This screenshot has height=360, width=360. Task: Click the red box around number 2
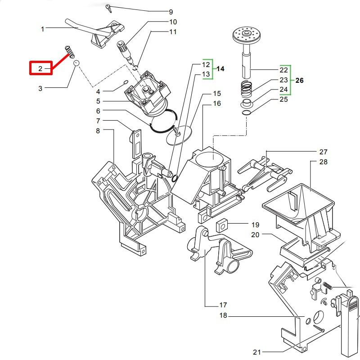point(41,68)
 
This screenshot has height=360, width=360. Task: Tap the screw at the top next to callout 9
point(108,9)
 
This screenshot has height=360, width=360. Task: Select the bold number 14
point(220,69)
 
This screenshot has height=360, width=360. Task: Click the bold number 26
point(299,81)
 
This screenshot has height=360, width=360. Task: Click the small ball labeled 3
point(76,63)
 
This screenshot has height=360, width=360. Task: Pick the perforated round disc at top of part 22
point(246,35)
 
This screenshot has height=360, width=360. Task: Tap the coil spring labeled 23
point(246,90)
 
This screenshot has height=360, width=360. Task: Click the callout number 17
point(223,305)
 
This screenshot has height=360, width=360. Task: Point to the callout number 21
point(257,352)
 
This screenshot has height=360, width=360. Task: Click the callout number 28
point(323,162)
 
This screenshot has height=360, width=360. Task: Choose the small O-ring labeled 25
point(246,113)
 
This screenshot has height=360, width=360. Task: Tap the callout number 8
point(98,130)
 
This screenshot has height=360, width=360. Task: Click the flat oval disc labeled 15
point(179,135)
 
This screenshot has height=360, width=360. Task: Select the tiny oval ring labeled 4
point(126,82)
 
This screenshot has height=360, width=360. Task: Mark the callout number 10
point(173,22)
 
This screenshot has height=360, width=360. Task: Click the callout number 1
point(42,29)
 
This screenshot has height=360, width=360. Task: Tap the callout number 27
point(323,152)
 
